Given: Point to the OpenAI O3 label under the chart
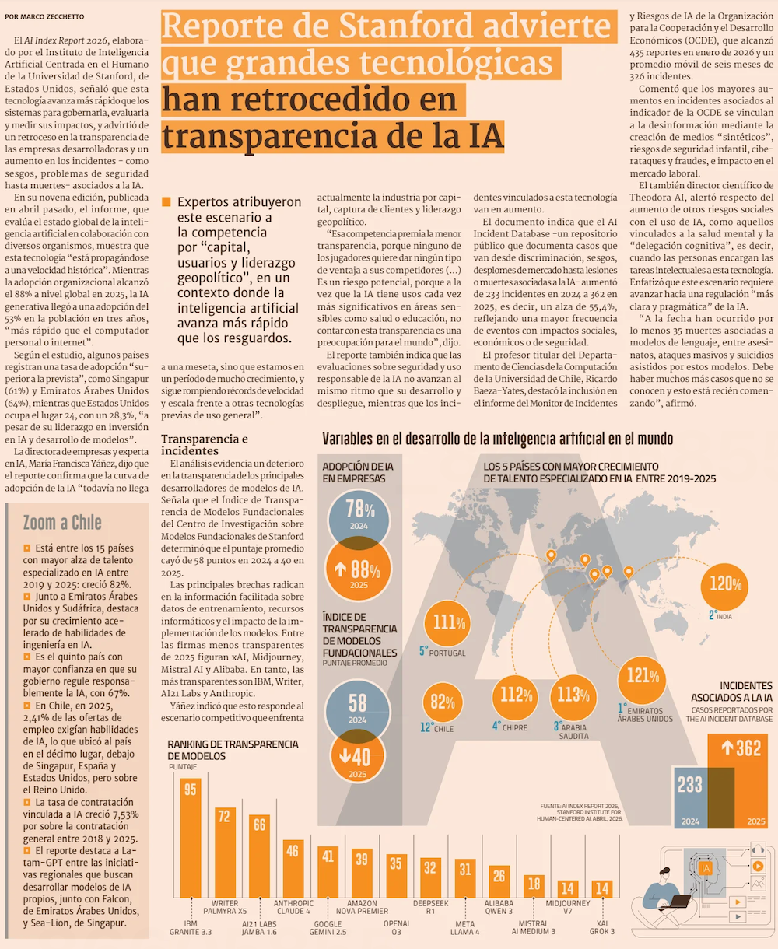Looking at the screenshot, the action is [x=396, y=927].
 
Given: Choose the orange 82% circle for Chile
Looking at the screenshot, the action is [x=443, y=703].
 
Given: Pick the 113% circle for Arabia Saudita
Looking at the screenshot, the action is [x=573, y=697].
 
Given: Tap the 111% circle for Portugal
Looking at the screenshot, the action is [x=447, y=623].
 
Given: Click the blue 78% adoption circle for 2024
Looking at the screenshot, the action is [x=359, y=520].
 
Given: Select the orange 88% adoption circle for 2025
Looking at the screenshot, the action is [x=358, y=569].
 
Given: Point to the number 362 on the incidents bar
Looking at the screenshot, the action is [x=748, y=748].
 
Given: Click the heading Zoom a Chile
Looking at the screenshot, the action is [x=62, y=523].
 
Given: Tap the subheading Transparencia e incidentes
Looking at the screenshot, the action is [x=205, y=445].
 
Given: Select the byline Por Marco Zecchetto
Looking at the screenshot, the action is [x=44, y=16].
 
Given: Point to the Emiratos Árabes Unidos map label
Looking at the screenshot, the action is [x=645, y=715].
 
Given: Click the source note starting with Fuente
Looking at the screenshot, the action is [x=580, y=812].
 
